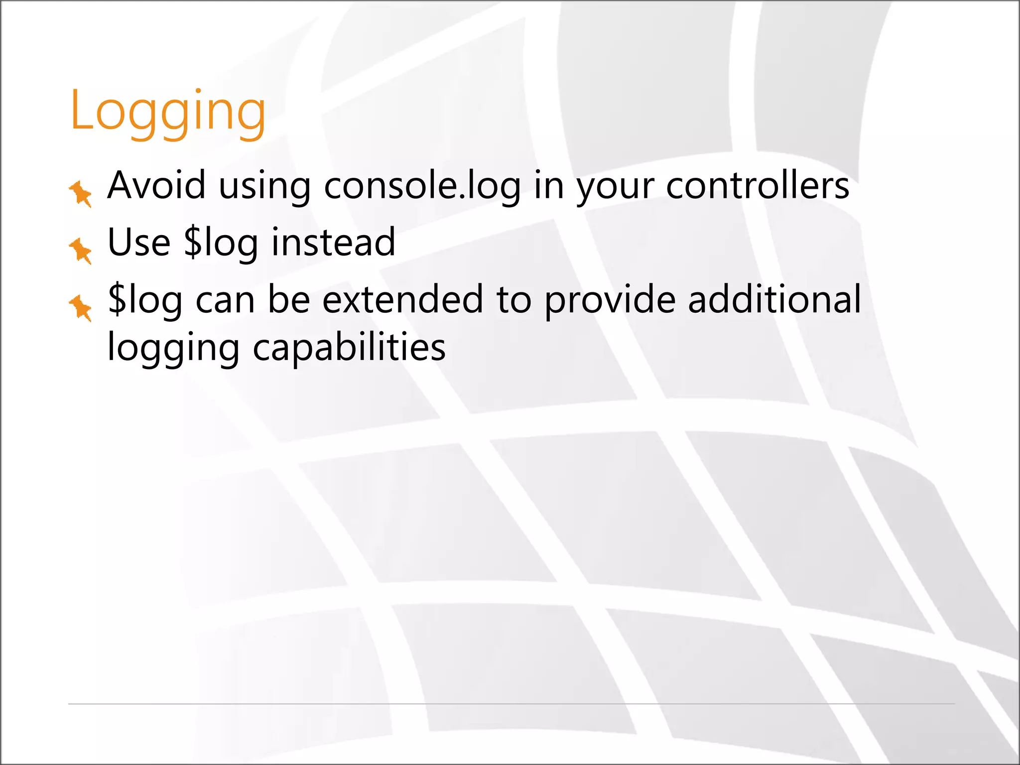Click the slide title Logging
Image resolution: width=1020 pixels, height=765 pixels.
168,112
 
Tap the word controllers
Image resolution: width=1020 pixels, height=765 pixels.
757,186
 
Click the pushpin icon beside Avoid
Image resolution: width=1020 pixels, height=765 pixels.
81,193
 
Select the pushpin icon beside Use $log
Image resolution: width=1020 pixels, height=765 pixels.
81,251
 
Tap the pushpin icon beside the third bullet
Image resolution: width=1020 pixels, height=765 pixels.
81,308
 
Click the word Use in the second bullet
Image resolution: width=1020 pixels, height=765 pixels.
139,243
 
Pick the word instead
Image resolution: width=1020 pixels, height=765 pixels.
333,243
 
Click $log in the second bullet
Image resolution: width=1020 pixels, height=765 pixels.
221,244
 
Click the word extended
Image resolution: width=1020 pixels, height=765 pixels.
402,300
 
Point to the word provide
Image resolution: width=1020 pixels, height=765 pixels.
610,301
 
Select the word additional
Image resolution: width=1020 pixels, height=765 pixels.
774,299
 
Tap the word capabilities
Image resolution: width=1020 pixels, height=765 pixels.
349,348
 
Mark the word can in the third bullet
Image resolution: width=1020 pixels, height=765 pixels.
225,302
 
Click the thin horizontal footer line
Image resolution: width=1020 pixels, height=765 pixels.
511,704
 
